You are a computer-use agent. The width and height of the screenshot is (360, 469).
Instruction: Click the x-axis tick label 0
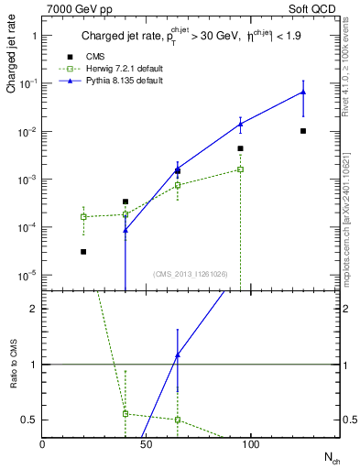43,443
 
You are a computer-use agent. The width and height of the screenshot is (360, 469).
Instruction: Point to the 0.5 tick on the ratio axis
27,420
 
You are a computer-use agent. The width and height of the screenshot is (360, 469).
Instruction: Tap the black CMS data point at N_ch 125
303,131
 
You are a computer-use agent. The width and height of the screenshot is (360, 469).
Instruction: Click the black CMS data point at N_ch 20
83,252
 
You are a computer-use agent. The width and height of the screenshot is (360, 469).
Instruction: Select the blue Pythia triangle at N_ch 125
303,92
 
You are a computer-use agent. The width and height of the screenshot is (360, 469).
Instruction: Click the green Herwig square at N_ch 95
241,169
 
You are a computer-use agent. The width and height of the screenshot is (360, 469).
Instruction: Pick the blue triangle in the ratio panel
178,354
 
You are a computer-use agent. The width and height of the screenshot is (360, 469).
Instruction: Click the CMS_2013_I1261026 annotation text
191,274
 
